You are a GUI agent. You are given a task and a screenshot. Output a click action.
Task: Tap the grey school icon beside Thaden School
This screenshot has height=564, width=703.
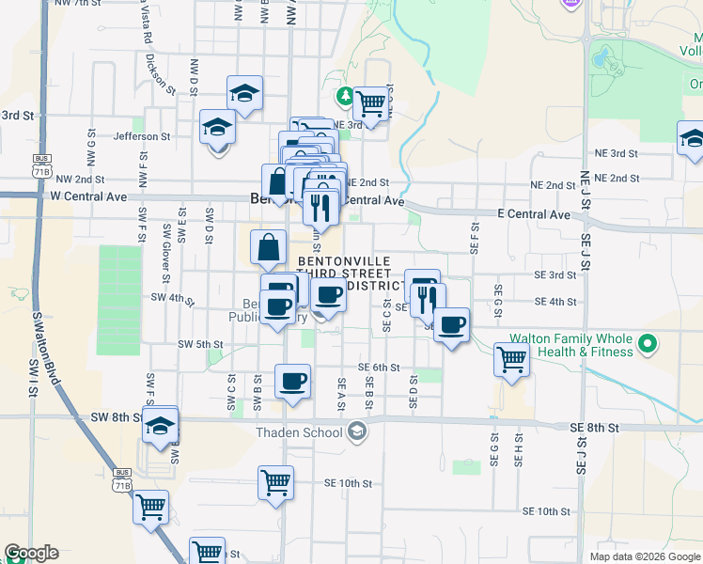pos(356,432)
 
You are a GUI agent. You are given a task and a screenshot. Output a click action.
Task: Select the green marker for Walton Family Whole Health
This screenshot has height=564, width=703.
pos(647,344)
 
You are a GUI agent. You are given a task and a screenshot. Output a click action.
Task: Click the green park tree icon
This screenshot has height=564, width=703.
pos(346,96)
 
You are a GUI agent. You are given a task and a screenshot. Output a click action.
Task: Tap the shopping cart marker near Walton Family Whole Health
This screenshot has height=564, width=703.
pos(511,358)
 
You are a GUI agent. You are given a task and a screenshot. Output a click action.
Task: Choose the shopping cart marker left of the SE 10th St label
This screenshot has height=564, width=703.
pos(274,482)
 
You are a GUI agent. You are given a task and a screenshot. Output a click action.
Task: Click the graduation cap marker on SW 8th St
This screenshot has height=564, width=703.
pos(161,426)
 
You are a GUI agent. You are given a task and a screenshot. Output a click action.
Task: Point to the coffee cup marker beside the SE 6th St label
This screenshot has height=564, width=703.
pos(292,381)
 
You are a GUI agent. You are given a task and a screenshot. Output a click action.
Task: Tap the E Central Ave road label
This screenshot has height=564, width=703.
pos(533,214)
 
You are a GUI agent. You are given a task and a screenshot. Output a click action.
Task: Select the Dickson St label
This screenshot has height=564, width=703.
pos(160,73)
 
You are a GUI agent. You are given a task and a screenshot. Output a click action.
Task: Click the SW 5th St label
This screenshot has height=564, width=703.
pos(199,344)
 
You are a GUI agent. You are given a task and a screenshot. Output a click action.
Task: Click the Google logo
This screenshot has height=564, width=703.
pos(31,553)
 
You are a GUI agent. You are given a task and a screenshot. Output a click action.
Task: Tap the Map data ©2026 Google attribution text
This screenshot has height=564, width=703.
pos(644,556)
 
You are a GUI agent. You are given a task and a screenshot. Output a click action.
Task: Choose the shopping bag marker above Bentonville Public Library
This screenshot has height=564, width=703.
pos(268,247)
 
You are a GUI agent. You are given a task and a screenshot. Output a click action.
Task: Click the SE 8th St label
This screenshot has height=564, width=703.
pos(594,427)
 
